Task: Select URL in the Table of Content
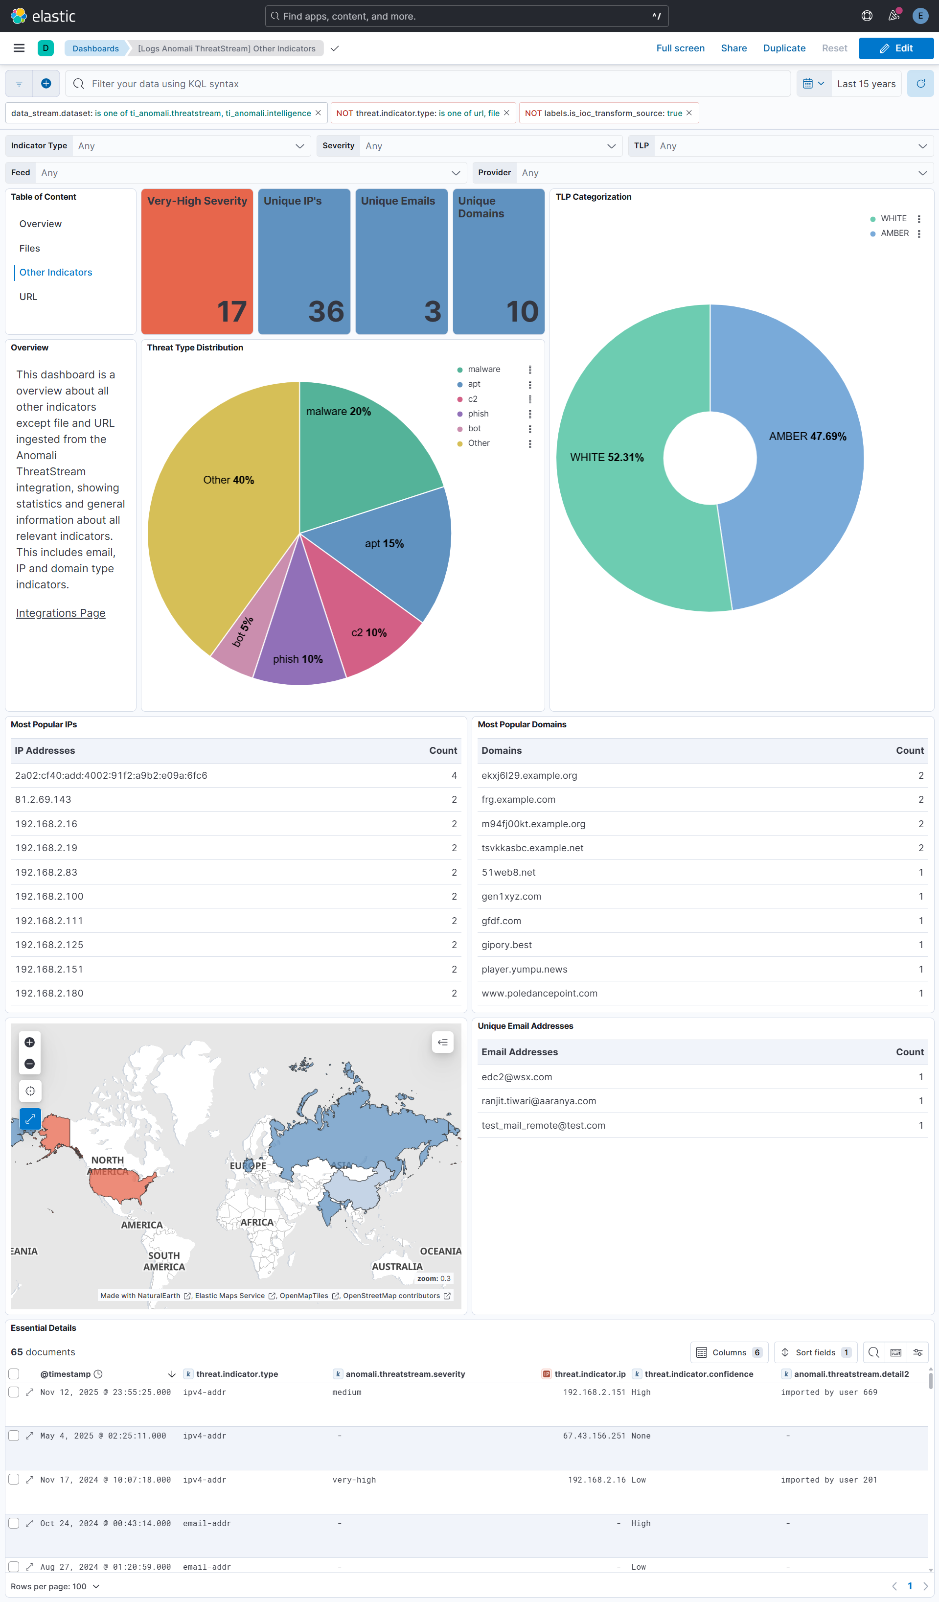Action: point(28,297)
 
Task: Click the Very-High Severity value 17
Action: point(231,311)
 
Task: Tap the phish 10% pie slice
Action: point(298,659)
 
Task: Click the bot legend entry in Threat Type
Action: point(474,428)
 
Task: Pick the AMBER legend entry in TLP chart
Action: point(894,233)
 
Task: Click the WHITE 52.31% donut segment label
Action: point(606,458)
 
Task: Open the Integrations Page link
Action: point(60,613)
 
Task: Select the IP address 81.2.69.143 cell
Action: point(43,800)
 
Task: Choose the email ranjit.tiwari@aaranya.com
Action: point(538,1101)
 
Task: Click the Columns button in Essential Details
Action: point(729,1352)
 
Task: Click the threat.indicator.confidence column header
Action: point(698,1374)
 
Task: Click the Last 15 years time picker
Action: point(865,84)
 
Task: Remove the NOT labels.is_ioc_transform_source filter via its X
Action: point(688,113)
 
